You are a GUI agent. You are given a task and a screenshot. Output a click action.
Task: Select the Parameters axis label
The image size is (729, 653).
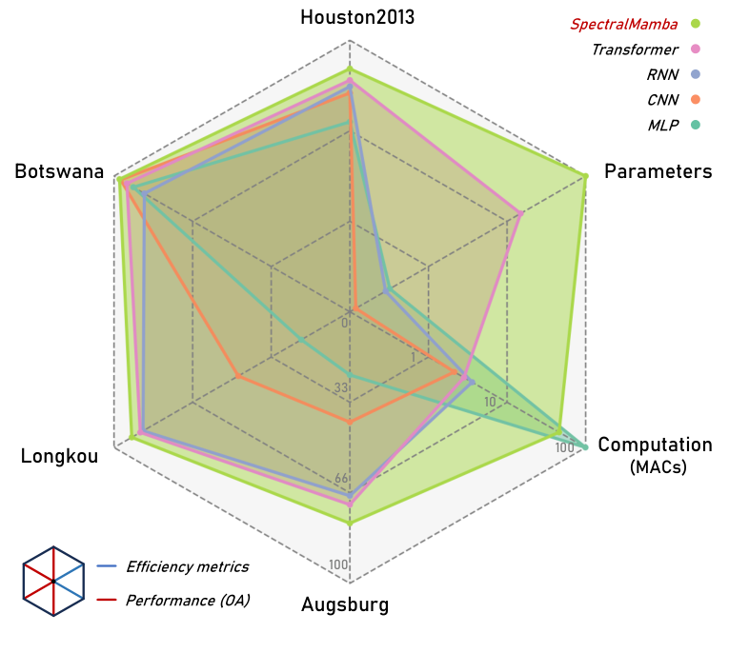(658, 171)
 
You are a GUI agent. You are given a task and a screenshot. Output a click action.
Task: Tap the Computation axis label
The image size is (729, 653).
(655, 445)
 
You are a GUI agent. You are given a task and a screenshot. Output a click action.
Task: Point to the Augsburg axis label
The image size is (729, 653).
(345, 604)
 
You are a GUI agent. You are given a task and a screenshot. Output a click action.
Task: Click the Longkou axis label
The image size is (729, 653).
(59, 457)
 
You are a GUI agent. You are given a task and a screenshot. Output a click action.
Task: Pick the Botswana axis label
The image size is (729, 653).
(59, 171)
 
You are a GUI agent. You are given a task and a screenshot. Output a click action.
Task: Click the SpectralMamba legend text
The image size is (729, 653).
(624, 24)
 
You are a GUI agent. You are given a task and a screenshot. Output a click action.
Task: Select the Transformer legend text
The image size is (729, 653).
(635, 49)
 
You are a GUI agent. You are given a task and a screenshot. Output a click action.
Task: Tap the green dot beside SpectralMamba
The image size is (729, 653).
(696, 24)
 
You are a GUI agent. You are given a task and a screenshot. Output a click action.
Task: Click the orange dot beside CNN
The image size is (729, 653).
(696, 100)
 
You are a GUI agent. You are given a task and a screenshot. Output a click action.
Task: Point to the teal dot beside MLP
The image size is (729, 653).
(696, 125)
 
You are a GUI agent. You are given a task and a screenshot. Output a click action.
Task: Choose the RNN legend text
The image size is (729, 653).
(661, 74)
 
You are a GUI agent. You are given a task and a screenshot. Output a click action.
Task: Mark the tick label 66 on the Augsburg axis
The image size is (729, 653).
(341, 479)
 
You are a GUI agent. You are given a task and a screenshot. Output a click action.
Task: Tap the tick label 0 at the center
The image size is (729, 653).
(345, 323)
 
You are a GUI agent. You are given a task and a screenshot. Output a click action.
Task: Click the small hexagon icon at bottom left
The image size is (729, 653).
(53, 581)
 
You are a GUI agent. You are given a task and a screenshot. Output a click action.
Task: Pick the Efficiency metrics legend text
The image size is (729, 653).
(187, 566)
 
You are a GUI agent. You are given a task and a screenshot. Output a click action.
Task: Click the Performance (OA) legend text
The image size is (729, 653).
(188, 601)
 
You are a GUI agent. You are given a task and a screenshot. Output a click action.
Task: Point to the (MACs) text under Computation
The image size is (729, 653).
(658, 467)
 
